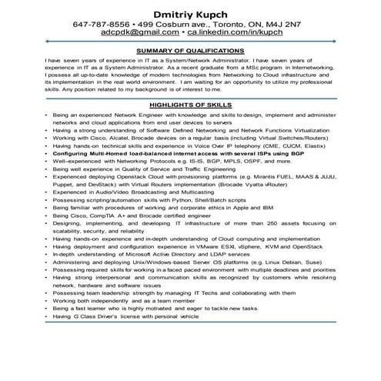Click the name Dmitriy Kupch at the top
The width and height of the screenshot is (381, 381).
190,13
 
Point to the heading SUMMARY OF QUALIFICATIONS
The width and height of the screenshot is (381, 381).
190,49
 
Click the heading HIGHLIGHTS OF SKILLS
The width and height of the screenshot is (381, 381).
190,104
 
